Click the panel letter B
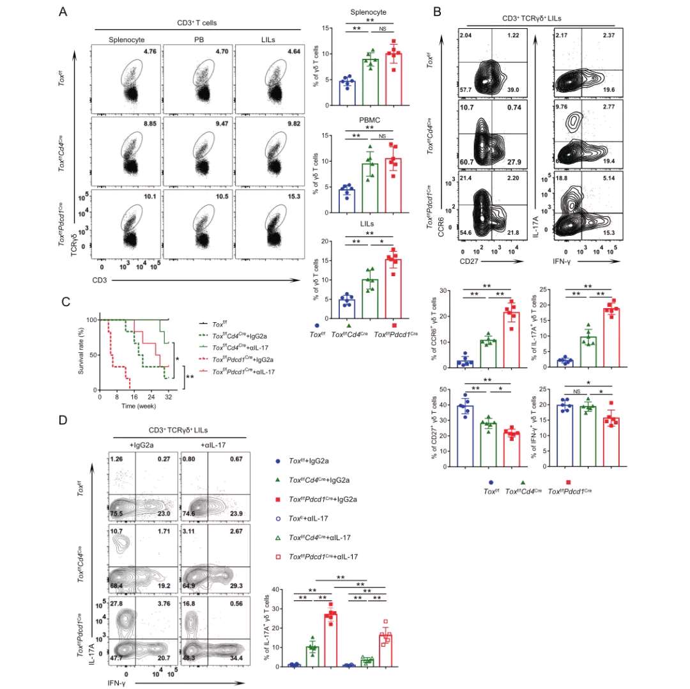pyautogui.click(x=437, y=12)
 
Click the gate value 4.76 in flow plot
pyautogui.click(x=149, y=50)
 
